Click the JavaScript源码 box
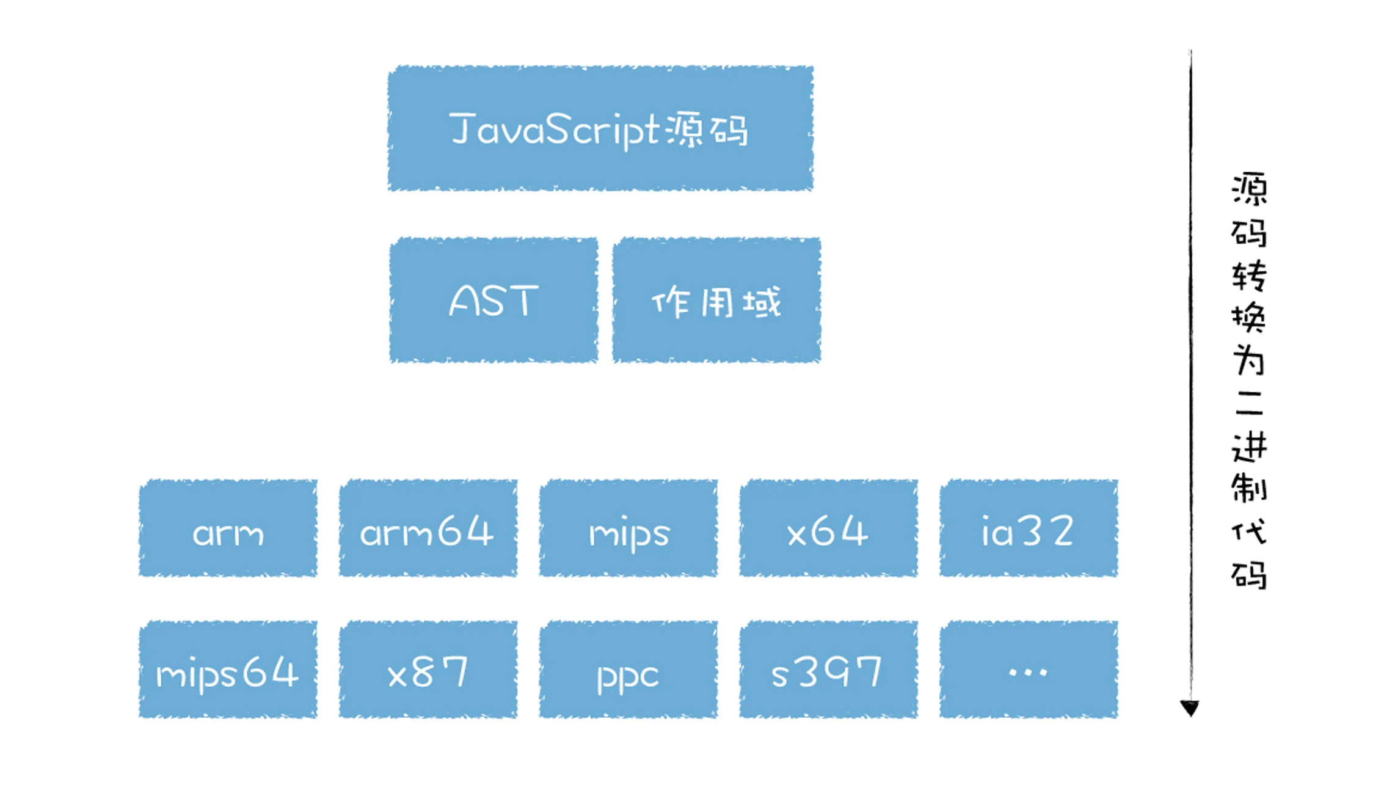(600, 128)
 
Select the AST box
(494, 300)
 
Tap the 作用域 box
(716, 300)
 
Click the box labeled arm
(228, 528)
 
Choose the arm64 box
(428, 528)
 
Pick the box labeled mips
(628, 528)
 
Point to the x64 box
(828, 528)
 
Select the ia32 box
(1029, 528)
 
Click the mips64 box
(228, 670)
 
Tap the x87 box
(428, 670)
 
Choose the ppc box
(628, 670)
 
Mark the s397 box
(828, 670)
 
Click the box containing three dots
(1029, 670)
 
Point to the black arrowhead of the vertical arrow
(1190, 709)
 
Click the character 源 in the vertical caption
(1249, 189)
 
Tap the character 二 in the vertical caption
(1249, 403)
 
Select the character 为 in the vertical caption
(1249, 360)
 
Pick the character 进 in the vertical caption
(1249, 447)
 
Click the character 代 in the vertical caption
(1249, 531)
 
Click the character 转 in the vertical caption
(1249, 276)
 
